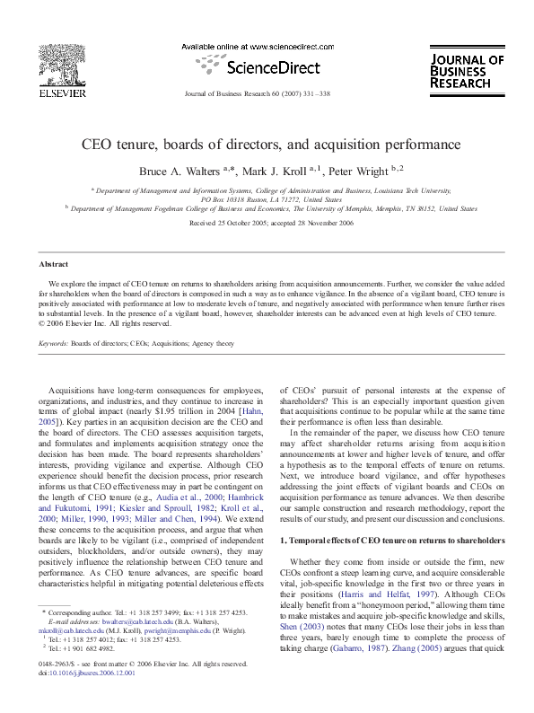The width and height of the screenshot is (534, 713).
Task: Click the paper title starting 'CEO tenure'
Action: click(271, 143)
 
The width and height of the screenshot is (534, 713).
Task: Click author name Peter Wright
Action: click(364, 169)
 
